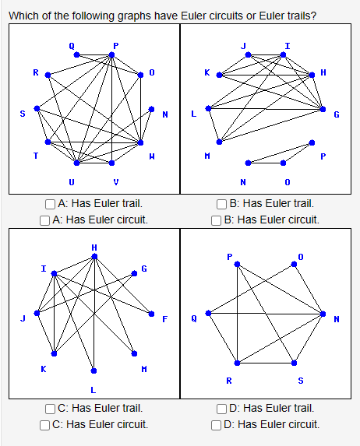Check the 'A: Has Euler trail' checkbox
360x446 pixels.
tap(50, 204)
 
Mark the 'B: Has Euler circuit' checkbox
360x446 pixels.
tap(217, 219)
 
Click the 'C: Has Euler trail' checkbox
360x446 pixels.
tap(50, 408)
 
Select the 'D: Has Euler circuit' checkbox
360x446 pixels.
tap(217, 424)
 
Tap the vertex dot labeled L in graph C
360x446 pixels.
tap(94, 370)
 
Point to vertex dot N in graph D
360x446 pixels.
tap(323, 314)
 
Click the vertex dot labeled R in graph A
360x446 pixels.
tap(48, 75)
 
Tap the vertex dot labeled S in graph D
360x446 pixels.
tap(294, 363)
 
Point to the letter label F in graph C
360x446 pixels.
tap(164, 319)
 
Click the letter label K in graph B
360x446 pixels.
tap(206, 72)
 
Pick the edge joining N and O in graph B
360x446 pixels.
tap(266, 163)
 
